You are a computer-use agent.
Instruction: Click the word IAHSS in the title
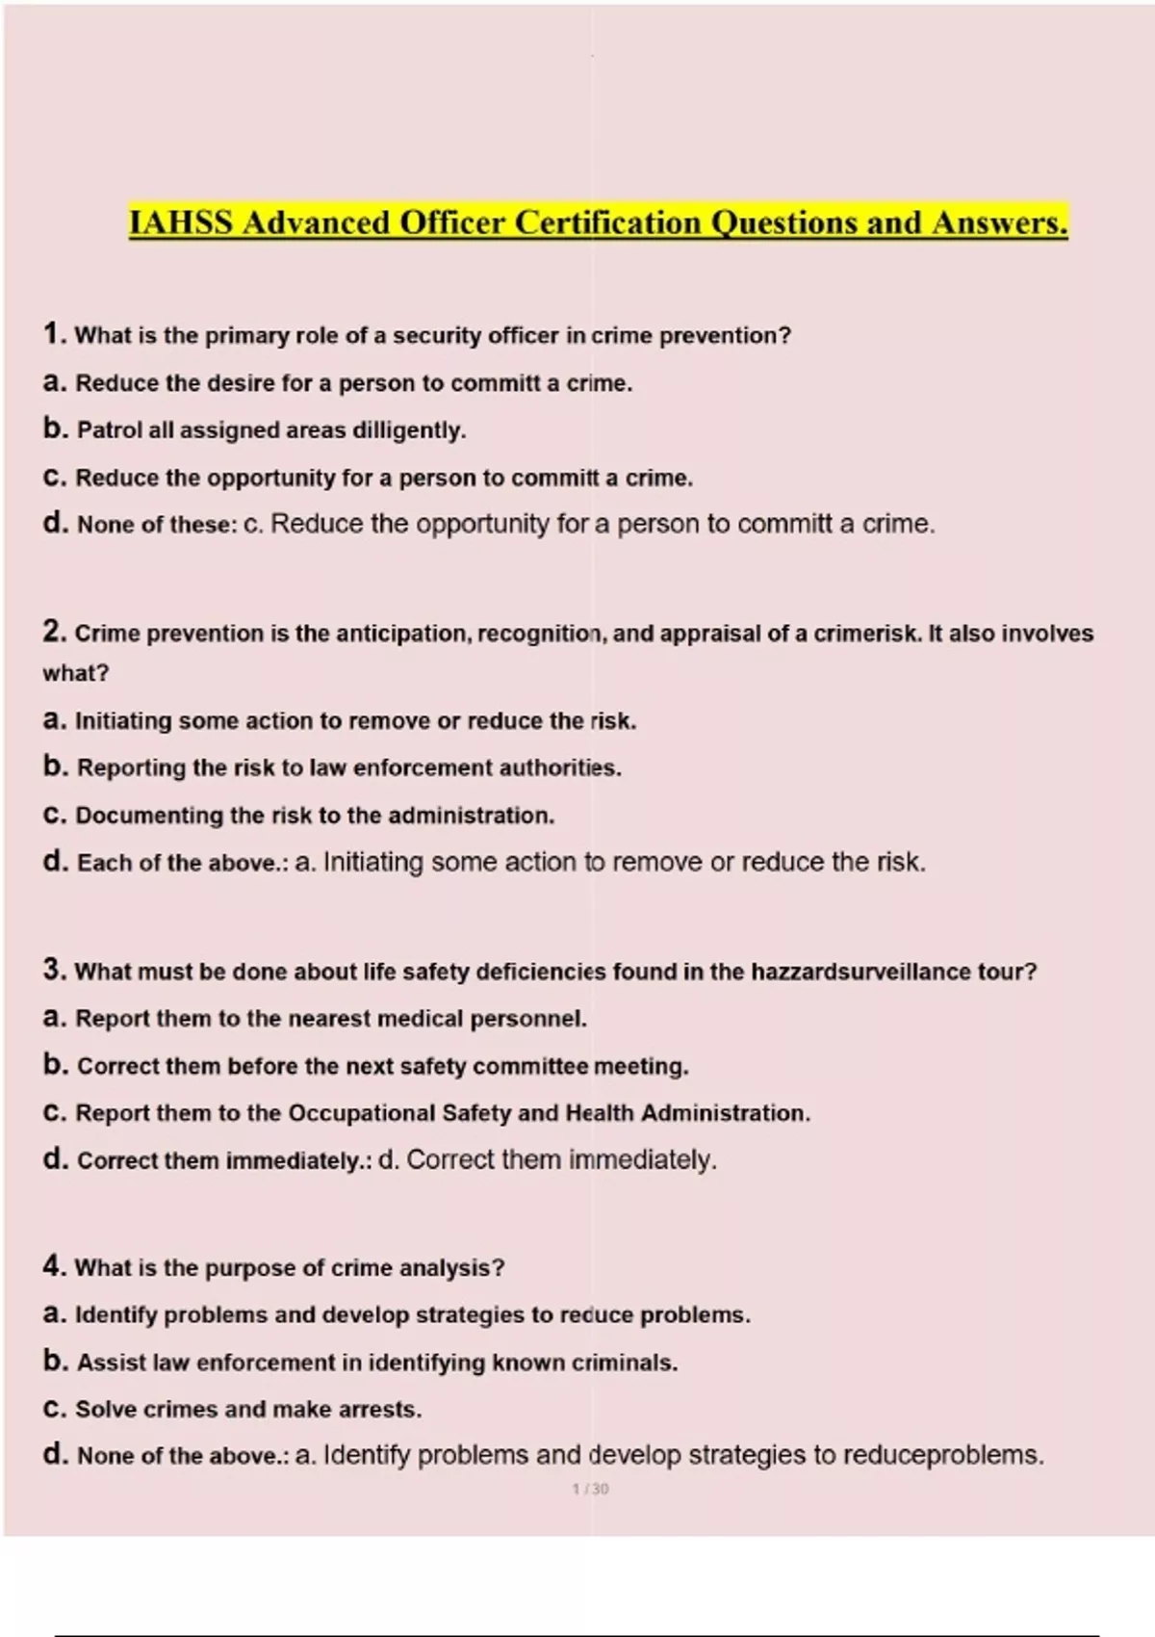click(181, 223)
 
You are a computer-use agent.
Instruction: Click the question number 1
click(52, 334)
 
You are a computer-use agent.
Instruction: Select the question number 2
click(53, 632)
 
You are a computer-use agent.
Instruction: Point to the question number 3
click(53, 970)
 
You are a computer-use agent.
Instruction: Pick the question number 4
click(53, 1266)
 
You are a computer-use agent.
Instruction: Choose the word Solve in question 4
click(105, 1410)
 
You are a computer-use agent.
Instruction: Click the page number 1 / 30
click(590, 1489)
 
